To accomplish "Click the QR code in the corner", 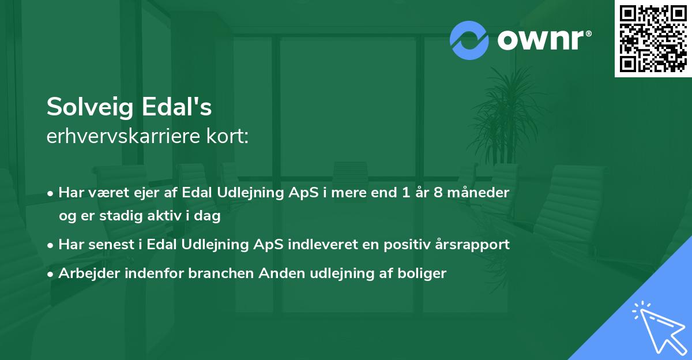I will [x=653, y=39].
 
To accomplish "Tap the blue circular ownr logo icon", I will [x=469, y=40].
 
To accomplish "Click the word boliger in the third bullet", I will [x=425, y=273].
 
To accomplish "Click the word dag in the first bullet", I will [x=209, y=216].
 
